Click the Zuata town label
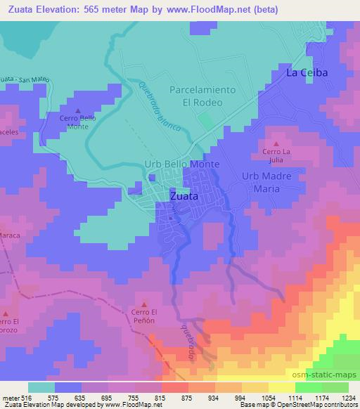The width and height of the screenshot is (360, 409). [185, 197]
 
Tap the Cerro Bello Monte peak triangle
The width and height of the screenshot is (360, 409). [78, 110]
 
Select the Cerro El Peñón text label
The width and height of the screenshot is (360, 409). [146, 317]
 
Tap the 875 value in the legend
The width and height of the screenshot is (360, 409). [176, 397]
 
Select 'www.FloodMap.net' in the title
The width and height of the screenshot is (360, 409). [216, 10]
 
